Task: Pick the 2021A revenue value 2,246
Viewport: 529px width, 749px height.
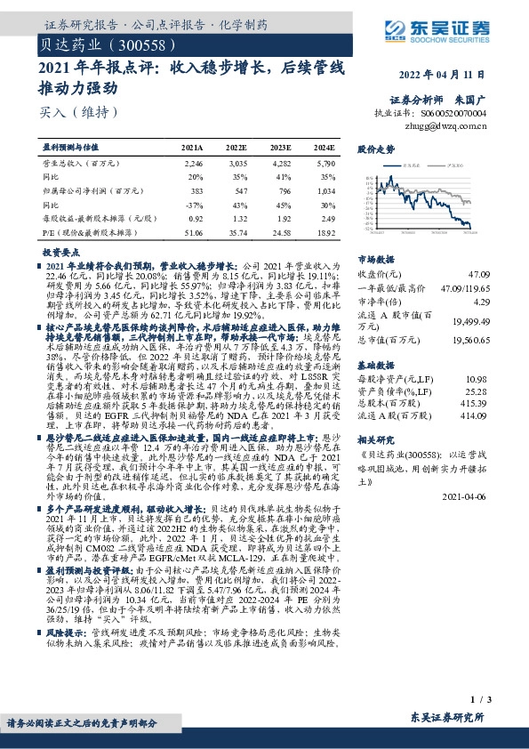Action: coord(192,165)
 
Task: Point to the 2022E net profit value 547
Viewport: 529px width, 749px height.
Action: coord(236,191)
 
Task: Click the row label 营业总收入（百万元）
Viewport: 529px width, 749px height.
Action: coord(82,165)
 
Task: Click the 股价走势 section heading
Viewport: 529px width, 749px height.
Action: coord(373,150)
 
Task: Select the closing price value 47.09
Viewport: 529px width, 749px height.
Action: coord(502,275)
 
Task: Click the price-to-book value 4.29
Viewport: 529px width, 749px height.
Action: coord(505,302)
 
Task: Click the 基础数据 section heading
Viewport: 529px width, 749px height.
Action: coord(373,366)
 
